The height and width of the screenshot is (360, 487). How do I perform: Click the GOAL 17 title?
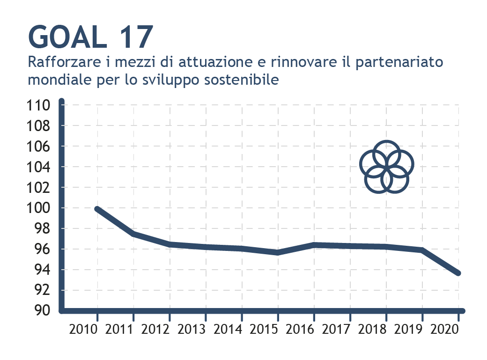tap(91, 37)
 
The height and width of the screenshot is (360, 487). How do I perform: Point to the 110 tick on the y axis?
tap(38, 105)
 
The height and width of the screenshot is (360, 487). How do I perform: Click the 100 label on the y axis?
tap(38, 208)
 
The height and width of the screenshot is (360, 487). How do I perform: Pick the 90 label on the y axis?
tap(42, 310)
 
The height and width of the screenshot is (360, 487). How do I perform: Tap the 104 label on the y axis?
tap(38, 167)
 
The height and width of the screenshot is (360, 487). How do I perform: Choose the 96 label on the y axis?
tap(42, 249)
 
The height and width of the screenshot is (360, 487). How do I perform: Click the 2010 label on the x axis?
tap(83, 329)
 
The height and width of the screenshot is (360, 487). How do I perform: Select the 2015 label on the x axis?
tap(264, 329)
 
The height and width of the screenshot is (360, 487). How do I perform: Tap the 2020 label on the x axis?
tap(444, 329)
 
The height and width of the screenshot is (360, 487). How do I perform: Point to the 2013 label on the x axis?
tap(192, 329)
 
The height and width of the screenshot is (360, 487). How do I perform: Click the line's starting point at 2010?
tap(97, 209)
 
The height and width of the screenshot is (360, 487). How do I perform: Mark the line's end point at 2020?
tap(458, 273)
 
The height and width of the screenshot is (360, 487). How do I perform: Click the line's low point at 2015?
tap(278, 252)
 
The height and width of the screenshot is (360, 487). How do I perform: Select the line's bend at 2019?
tap(422, 250)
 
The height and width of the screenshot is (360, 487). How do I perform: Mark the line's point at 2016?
tap(314, 245)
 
